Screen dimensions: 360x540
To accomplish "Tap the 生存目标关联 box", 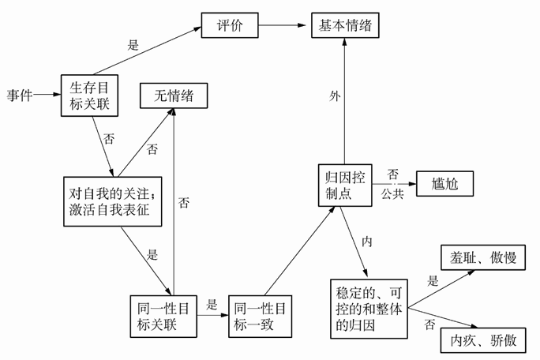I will click(x=90, y=95).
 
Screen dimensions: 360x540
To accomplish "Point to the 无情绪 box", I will click(x=173, y=96).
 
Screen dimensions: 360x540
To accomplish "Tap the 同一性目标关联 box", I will click(x=163, y=316).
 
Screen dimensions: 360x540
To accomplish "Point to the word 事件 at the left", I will click(x=19, y=96).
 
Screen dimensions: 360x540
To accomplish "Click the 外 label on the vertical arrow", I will click(x=335, y=96).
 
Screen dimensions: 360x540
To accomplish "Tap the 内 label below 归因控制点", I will click(x=366, y=239).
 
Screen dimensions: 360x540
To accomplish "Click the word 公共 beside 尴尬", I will click(x=392, y=192).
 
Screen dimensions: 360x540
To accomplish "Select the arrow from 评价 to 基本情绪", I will click(x=282, y=25).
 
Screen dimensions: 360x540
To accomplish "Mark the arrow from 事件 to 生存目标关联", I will click(x=47, y=96).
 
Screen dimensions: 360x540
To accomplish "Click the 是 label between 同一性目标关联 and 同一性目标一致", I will click(x=211, y=304).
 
